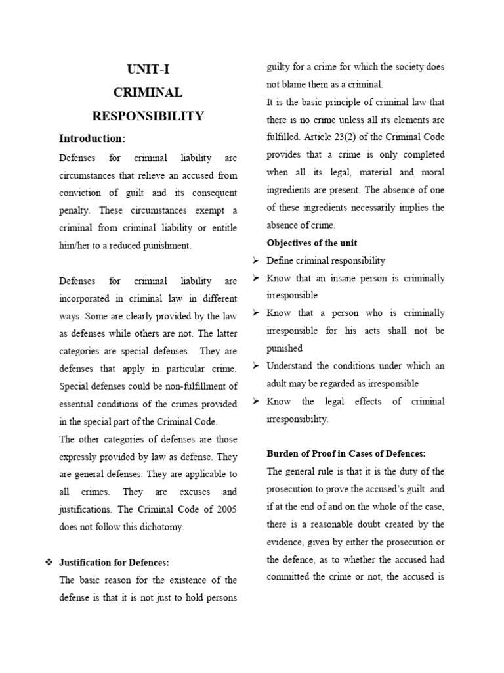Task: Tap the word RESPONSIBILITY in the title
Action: tap(148, 116)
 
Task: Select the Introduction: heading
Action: tap(92, 139)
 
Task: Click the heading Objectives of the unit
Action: tap(312, 243)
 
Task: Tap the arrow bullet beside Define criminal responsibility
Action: tap(257, 261)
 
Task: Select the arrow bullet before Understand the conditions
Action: tap(257, 366)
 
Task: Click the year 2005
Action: tap(226, 509)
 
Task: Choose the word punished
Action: tap(284, 348)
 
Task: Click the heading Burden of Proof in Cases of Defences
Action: tap(346, 453)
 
